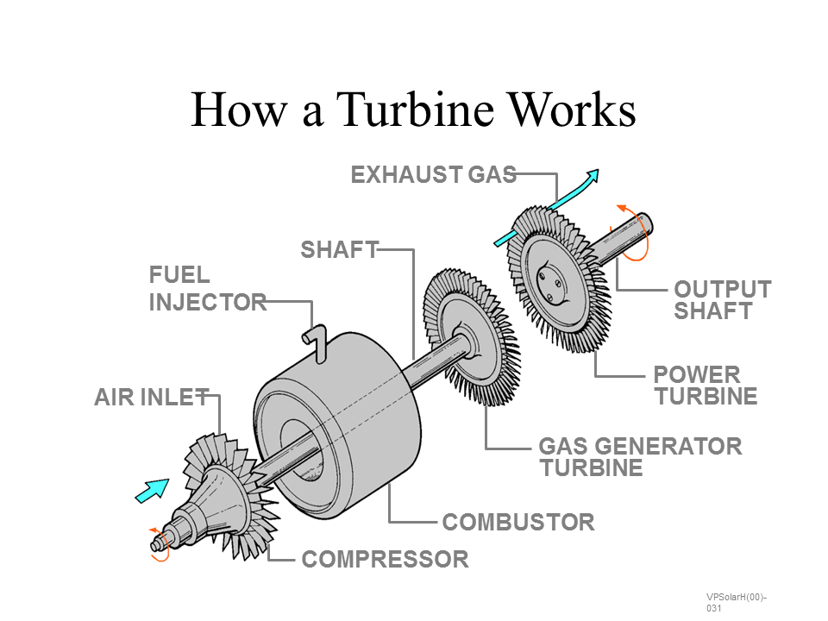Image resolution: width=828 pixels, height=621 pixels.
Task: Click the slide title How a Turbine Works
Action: (413, 110)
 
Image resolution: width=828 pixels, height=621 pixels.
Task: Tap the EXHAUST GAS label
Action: (433, 175)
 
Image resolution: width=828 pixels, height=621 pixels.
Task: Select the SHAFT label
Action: (339, 250)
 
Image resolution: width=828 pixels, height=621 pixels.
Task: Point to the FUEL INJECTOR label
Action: (207, 289)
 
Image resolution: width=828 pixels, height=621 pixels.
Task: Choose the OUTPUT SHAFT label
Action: (722, 299)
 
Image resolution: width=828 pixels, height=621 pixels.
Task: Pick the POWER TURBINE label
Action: (705, 386)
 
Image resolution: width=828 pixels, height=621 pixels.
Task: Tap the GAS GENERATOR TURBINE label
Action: (639, 457)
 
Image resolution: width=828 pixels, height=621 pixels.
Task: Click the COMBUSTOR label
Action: (517, 522)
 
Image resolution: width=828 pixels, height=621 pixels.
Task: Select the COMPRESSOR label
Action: (385, 560)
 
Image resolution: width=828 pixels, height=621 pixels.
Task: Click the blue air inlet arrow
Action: (151, 490)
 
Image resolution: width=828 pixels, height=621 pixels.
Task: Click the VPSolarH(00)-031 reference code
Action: (736, 602)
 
